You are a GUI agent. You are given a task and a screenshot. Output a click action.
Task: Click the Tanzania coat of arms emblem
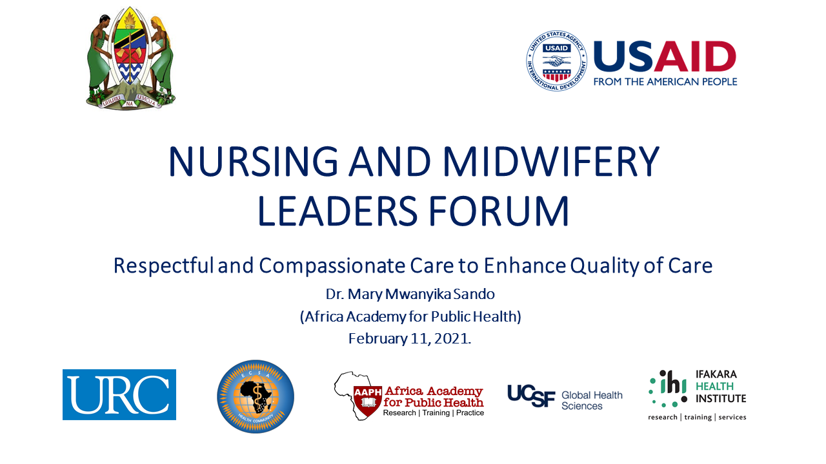coord(131,58)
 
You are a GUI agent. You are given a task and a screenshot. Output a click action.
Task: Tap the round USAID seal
coord(557,61)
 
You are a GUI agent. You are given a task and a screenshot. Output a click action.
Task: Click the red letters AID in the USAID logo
coord(695,56)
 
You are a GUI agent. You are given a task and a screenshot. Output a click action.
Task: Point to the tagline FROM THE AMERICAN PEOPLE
coord(665,82)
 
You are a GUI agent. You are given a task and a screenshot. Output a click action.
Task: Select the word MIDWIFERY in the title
coord(551,161)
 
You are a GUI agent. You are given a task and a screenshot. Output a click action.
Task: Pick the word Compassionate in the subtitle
coord(332,266)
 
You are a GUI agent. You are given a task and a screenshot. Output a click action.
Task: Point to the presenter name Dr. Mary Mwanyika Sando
coord(410,295)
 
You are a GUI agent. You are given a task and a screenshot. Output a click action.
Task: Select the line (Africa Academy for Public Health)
coord(410,316)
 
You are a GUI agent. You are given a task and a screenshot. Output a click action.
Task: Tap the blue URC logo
coord(119,394)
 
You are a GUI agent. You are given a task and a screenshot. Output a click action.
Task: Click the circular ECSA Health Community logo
coord(256,396)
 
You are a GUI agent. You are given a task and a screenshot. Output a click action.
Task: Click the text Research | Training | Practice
coord(433,413)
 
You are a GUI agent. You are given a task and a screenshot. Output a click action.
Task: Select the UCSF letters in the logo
coord(531,396)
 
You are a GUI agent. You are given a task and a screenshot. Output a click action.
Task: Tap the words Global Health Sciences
coord(592,401)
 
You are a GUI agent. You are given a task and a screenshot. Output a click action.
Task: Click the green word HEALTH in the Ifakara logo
coord(714,386)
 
